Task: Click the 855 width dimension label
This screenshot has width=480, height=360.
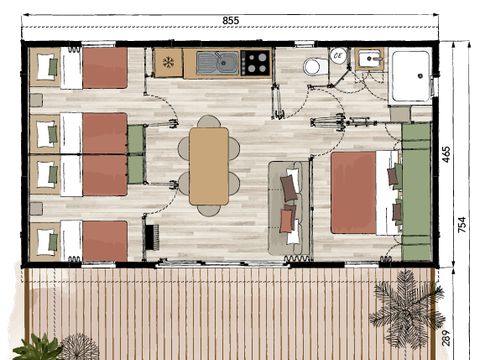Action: [230, 20]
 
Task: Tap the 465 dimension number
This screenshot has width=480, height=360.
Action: [446, 154]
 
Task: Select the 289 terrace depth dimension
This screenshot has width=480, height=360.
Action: [446, 338]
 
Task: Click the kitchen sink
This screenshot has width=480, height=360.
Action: [217, 63]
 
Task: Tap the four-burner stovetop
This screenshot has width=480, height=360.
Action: [256, 63]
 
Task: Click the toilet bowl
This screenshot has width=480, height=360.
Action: [313, 66]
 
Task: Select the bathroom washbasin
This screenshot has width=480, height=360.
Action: [370, 59]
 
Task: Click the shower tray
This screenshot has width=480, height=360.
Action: [410, 74]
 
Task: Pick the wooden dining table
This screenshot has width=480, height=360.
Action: [208, 165]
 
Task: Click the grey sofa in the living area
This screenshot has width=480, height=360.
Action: [290, 207]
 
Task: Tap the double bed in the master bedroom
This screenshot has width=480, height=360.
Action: [362, 192]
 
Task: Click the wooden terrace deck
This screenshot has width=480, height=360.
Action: [220, 310]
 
